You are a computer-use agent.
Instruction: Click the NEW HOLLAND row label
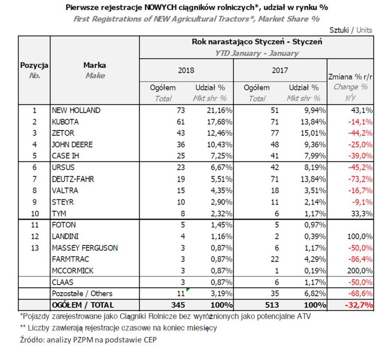click(76, 110)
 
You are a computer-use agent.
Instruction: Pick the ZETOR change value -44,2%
click(358, 134)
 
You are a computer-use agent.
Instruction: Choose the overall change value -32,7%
click(357, 304)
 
